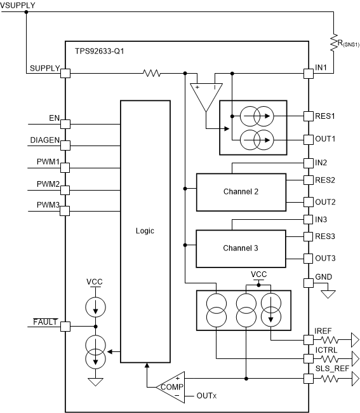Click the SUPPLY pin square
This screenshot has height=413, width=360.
pos(65,74)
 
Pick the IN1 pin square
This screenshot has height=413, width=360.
pos(309,74)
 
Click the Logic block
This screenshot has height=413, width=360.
pos(145,231)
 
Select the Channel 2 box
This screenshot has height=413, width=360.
pos(240,192)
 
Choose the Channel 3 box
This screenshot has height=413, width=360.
pos(240,248)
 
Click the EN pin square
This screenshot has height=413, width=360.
pos(65,124)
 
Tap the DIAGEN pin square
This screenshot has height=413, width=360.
pos(65,145)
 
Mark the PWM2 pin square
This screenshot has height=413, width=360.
pos(65,189)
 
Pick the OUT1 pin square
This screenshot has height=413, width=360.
pos(309,138)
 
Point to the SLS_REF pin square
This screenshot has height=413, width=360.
pos(309,379)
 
